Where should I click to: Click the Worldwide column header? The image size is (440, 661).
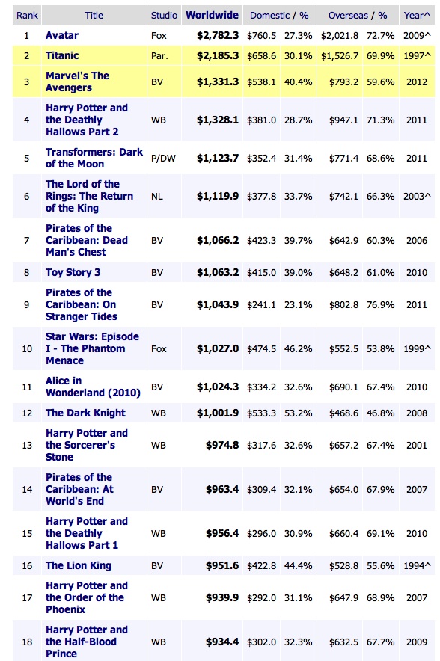tap(213, 15)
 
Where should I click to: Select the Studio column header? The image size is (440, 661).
tap(164, 16)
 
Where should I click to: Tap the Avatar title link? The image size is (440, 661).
tap(62, 35)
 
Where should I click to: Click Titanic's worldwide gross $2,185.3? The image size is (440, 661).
tap(218, 55)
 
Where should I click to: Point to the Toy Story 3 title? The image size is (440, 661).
tap(73, 273)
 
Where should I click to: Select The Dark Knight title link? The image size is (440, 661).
tap(85, 413)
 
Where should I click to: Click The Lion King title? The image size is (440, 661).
tap(79, 566)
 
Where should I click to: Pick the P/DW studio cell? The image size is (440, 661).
tap(163, 159)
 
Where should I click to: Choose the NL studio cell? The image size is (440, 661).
tap(157, 197)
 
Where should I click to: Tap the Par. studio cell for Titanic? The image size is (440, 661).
tap(159, 55)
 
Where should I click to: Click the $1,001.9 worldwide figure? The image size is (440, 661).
tap(218, 413)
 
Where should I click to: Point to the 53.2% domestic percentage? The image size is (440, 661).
tap(299, 413)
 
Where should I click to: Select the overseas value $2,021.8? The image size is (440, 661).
tap(340, 36)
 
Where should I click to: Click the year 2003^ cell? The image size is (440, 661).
tap(417, 197)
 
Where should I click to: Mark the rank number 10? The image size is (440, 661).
tap(27, 349)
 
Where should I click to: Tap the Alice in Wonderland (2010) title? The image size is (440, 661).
tap(94, 387)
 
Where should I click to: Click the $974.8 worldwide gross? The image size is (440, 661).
tap(222, 445)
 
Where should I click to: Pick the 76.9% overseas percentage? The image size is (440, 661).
tap(381, 305)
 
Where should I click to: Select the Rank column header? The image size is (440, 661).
tap(28, 16)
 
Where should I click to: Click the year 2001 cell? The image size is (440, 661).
tap(417, 445)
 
